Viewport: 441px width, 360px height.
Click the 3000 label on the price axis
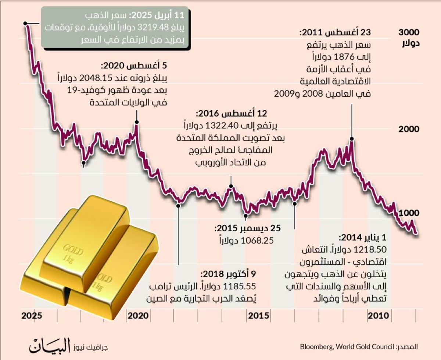click(409, 32)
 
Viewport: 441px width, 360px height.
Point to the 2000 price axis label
click(409, 129)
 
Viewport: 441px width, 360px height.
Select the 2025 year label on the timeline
click(32, 316)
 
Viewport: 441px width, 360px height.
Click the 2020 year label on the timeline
click(138, 316)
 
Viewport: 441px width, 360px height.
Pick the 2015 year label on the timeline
click(258, 316)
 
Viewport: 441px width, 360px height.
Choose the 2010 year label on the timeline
click(379, 316)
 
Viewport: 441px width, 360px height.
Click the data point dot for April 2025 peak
click(25, 23)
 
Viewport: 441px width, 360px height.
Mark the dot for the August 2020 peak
click(137, 122)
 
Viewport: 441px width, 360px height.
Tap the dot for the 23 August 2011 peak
click(352, 139)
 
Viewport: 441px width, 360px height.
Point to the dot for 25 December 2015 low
click(246, 215)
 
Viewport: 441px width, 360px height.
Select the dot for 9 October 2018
click(179, 206)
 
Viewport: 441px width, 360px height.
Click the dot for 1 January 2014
click(295, 203)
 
